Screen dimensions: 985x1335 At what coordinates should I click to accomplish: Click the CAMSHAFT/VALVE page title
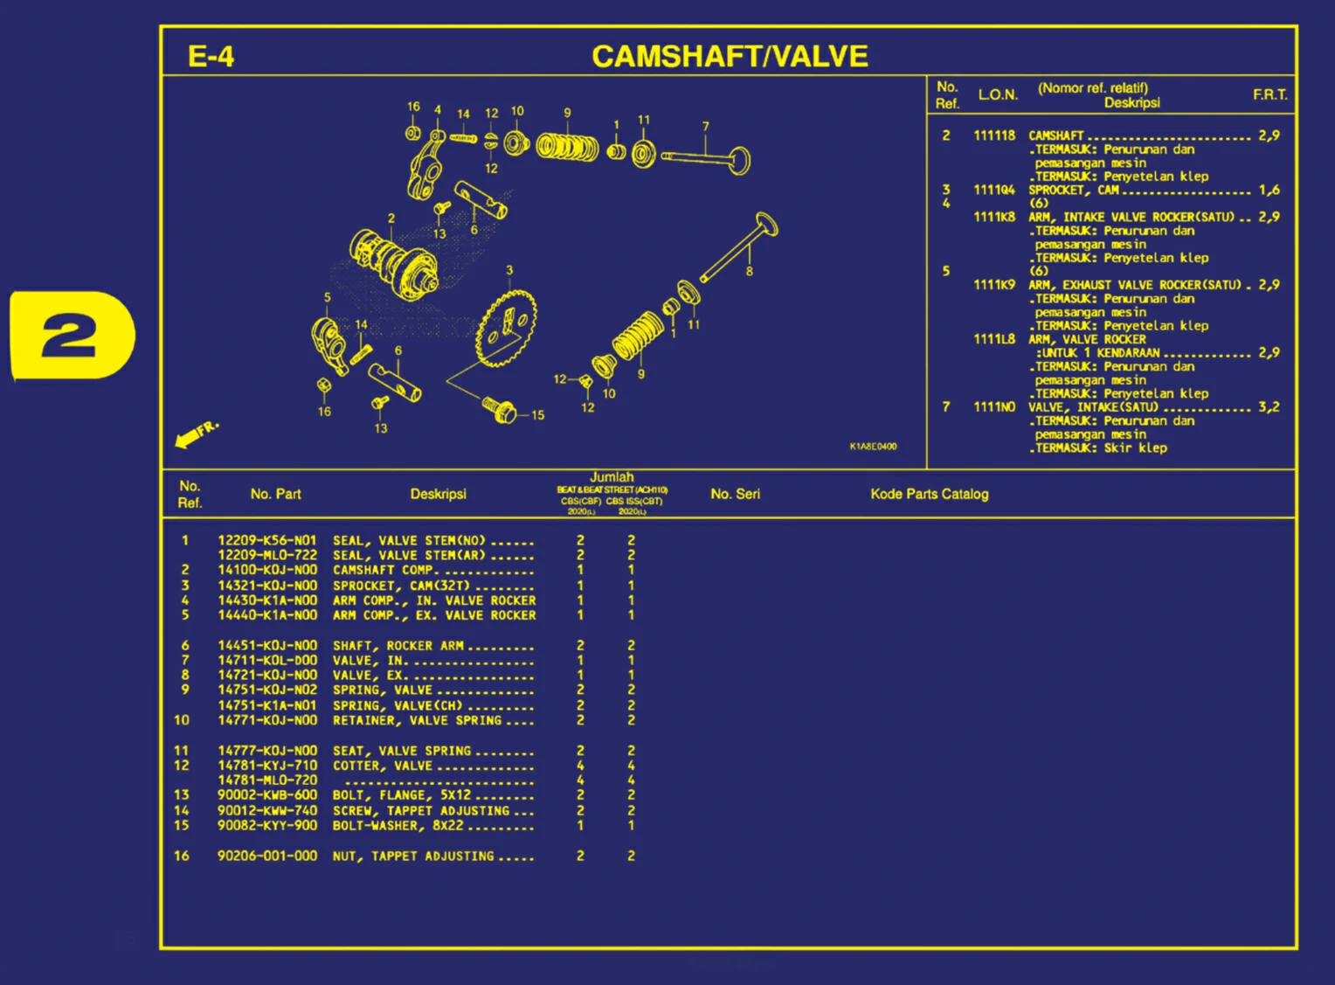pos(730,57)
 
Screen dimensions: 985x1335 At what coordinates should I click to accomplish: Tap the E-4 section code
pos(211,58)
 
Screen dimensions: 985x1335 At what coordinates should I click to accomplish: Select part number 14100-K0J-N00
pos(267,570)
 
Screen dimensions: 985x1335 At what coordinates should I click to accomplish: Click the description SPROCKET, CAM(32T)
pos(401,586)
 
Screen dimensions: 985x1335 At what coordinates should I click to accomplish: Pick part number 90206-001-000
pos(267,856)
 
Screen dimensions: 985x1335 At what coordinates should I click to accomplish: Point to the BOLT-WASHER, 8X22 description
pos(398,825)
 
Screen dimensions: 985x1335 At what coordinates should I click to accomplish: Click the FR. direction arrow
pos(195,434)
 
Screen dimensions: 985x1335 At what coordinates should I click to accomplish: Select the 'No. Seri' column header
pos(735,494)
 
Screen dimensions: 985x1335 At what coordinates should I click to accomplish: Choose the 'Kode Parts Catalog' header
pos(929,494)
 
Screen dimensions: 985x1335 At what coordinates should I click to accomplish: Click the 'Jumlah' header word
pos(612,477)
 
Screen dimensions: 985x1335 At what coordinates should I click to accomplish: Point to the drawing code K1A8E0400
pos(873,447)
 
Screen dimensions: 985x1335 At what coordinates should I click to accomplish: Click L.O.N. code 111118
pos(994,135)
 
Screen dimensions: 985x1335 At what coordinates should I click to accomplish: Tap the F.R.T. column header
pos(1269,94)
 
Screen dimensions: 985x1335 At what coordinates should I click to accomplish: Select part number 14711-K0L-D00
pos(267,661)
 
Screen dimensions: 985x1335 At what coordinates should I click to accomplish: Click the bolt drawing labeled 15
pos(501,409)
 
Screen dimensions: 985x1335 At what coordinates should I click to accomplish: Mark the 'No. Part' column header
pos(275,494)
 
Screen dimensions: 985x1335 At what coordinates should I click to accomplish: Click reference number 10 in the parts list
pos(182,720)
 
